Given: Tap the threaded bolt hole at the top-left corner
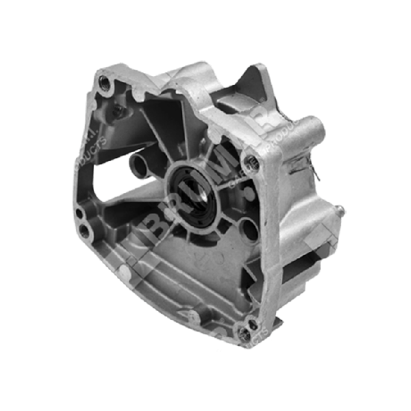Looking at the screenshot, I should coord(103,84).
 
